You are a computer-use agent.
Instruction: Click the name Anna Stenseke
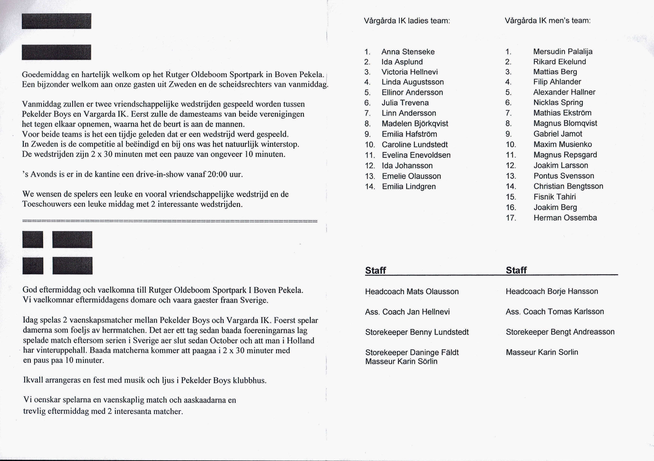coord(408,52)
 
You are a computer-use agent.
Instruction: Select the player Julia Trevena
coord(405,103)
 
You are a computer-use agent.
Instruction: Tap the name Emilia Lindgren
coord(409,187)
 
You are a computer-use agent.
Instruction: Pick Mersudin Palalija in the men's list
coord(563,51)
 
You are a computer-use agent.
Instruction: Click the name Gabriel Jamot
coord(558,134)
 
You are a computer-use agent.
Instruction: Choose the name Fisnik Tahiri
coord(555,197)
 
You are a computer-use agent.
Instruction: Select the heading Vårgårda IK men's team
coord(548,20)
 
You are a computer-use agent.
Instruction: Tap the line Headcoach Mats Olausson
coord(412,291)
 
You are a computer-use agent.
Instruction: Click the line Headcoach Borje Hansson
coord(552,291)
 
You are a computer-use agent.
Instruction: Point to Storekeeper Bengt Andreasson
coord(560,332)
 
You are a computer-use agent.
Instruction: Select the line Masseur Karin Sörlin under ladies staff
coord(401,361)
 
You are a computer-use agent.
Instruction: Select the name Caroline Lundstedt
coord(415,145)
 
